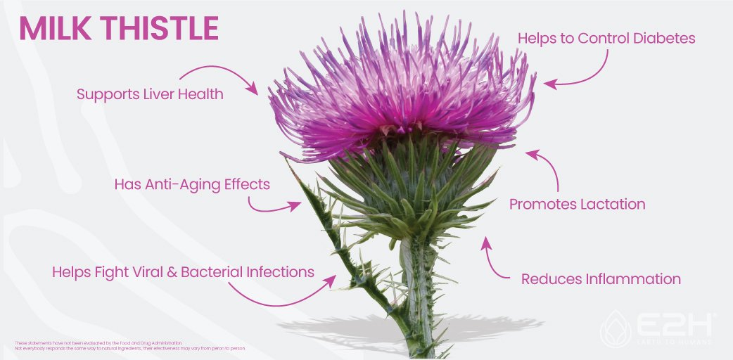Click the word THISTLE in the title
[160, 28]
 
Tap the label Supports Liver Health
[150, 94]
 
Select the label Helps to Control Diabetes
[606, 38]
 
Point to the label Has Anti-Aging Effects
[192, 185]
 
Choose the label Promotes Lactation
[577, 205]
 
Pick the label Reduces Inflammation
[601, 279]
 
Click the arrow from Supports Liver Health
[218, 75]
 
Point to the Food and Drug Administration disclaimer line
[98, 343]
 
